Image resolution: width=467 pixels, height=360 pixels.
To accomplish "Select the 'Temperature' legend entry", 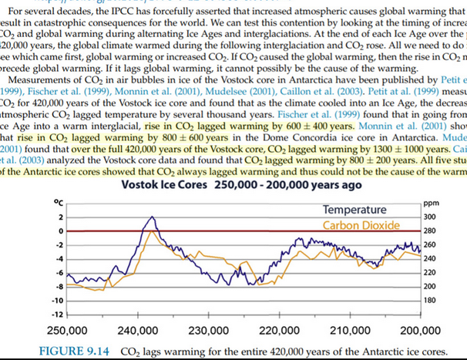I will pos(354,210).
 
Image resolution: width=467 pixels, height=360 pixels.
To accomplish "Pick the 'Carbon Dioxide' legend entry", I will pos(361,225).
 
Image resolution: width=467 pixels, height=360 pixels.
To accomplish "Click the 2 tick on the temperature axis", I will pos(58,217).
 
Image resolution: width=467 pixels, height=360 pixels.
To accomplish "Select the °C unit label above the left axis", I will pos(57,202).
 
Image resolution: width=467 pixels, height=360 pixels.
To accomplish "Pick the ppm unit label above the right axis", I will pos(430,203).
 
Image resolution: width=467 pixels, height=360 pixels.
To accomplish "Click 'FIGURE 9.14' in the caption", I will pos(72,352).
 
